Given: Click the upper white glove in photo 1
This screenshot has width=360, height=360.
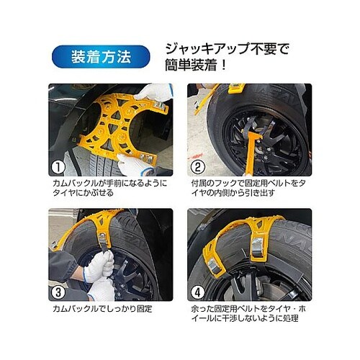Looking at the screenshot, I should click(153, 93).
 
